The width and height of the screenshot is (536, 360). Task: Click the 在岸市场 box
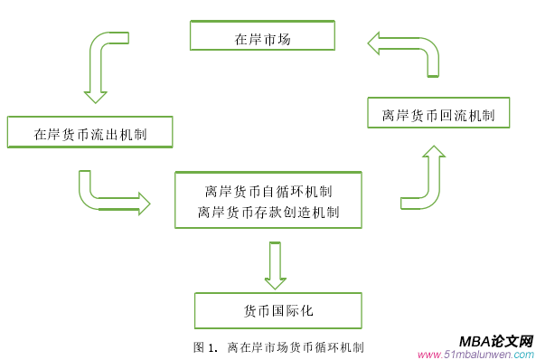click(x=262, y=36)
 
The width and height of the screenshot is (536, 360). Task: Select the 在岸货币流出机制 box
click(x=90, y=132)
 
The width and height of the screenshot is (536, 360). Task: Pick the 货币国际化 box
click(x=278, y=310)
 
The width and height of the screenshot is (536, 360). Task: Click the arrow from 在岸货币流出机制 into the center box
click(x=113, y=193)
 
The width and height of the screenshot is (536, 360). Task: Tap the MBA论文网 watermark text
click(x=495, y=341)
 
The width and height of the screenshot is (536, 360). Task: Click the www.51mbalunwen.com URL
click(x=476, y=354)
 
